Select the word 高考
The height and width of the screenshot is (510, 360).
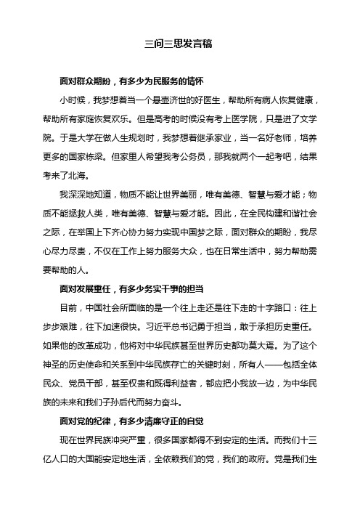[162, 117]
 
